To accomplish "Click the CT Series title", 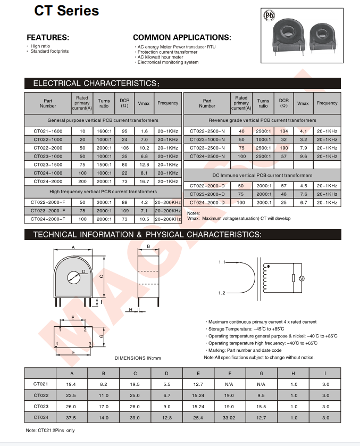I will [67, 11].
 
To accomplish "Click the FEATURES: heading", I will [48, 37].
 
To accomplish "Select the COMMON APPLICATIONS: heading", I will [182, 37].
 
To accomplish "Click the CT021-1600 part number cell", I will [47, 131].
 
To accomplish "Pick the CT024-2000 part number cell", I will [47, 181].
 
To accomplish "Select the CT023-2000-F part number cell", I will [47, 211].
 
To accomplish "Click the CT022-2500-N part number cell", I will [207, 131].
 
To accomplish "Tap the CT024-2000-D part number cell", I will [207, 203].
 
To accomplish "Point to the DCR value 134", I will [283, 131].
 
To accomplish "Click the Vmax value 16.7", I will [143, 181].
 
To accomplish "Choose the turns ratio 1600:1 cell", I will [104, 131].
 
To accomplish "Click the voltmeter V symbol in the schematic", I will [301, 278].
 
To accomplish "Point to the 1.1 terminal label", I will [222, 262].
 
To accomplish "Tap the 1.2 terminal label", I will [222, 293].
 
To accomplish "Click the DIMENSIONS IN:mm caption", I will [137, 358].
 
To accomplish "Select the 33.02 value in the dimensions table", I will [229, 417].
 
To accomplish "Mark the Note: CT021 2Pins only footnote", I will [51, 430].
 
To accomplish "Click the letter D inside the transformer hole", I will [83, 271].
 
